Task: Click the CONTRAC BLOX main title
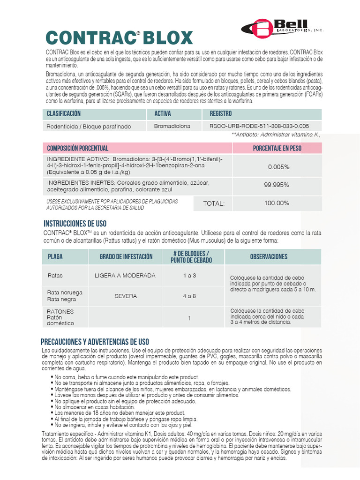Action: (119, 37)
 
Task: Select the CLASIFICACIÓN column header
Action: (64, 114)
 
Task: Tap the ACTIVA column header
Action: (163, 114)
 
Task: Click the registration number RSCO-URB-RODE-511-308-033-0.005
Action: (259, 126)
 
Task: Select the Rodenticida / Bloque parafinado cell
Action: (89, 127)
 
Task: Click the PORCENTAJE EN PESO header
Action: (277, 148)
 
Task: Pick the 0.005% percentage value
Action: (278, 167)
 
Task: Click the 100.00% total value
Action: (277, 203)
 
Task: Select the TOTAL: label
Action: (214, 203)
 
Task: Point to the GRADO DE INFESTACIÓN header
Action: (126, 257)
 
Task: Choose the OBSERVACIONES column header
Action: (269, 257)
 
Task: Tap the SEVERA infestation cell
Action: (125, 296)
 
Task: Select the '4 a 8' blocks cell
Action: (189, 296)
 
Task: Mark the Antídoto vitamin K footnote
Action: (276, 135)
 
